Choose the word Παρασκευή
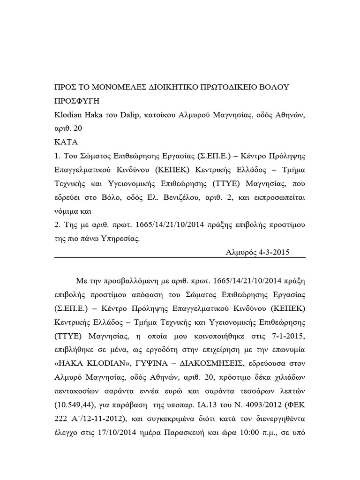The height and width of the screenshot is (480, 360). click(181, 432)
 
